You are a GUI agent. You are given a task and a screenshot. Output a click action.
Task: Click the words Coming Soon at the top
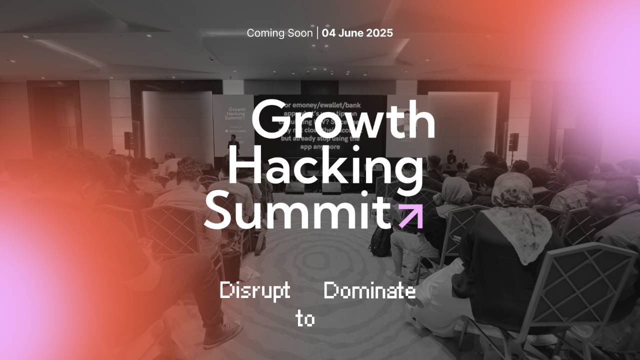[279, 33]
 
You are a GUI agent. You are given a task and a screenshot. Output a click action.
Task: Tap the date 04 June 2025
[357, 33]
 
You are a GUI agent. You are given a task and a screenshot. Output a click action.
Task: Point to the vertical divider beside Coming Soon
[317, 33]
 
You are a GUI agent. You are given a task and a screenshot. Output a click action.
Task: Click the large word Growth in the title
[343, 120]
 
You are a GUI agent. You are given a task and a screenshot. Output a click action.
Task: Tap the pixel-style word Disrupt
[255, 290]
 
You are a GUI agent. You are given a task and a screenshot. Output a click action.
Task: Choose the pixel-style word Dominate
[369, 290]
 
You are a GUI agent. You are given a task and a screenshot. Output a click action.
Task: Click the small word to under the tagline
[305, 318]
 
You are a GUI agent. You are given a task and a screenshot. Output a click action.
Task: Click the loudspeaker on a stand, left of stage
[129, 140]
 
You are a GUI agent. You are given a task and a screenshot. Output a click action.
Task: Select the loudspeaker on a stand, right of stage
[514, 141]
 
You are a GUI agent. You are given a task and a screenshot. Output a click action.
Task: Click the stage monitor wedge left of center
[295, 187]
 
